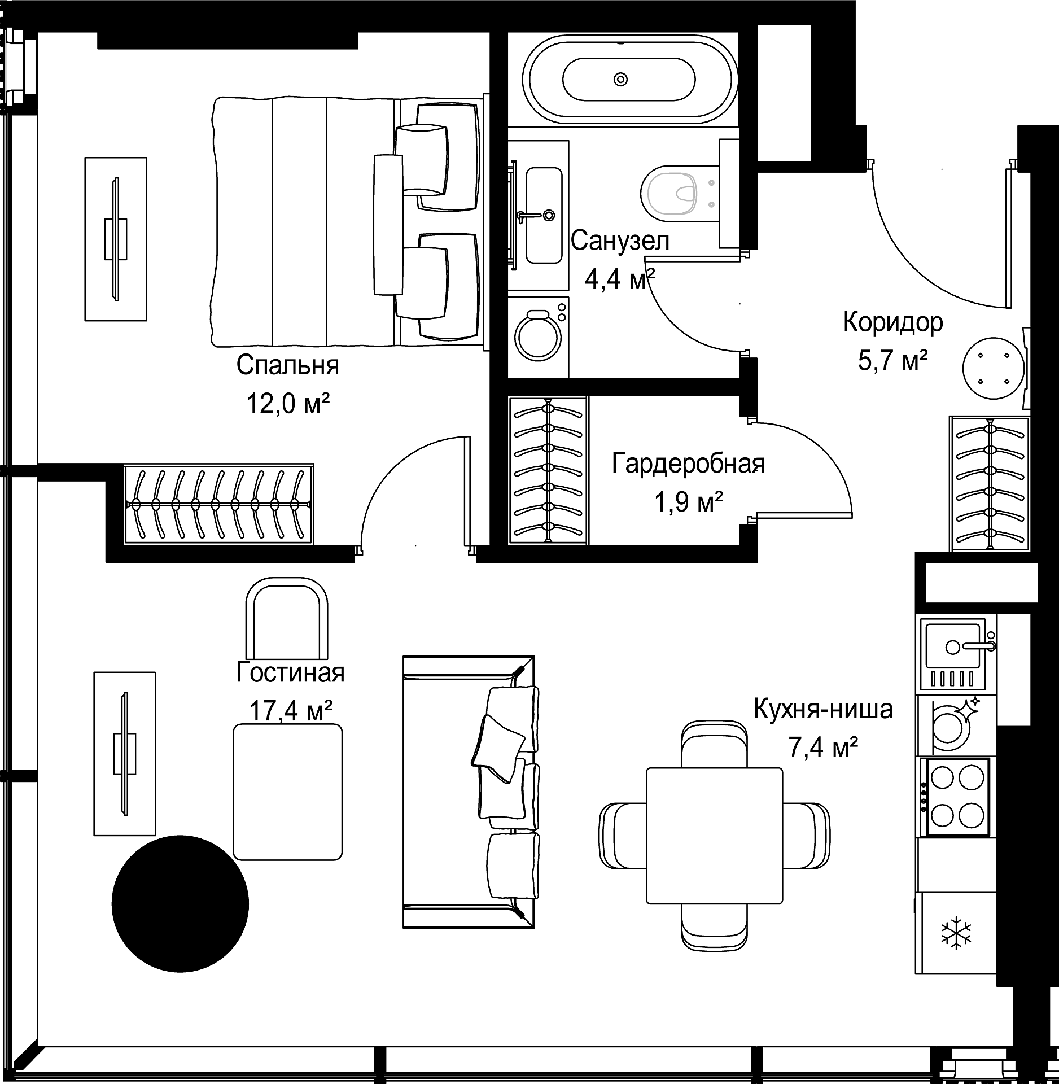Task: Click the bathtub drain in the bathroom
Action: [620, 79]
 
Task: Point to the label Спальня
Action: [288, 365]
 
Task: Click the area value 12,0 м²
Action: [288, 404]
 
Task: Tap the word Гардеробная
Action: [688, 464]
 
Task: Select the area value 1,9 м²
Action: [689, 501]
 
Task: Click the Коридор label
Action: [893, 322]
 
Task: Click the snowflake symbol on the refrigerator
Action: [956, 933]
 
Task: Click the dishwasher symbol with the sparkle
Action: [956, 725]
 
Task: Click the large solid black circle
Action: [180, 903]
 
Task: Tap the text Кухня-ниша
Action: [824, 710]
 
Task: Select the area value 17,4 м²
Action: [290, 711]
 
